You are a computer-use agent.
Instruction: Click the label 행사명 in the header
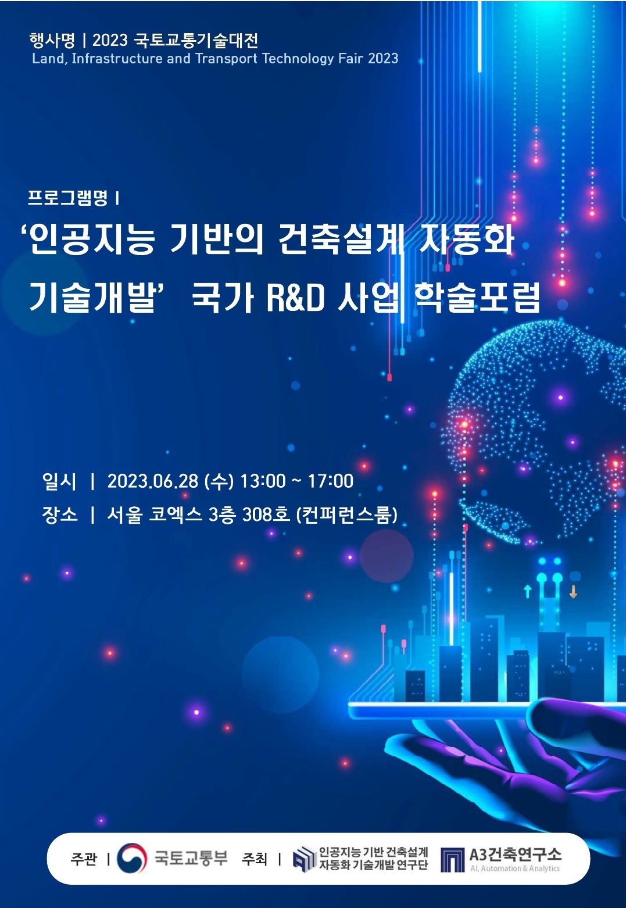(x=52, y=40)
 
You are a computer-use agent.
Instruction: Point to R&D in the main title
(x=296, y=298)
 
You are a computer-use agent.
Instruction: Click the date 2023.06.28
(x=152, y=481)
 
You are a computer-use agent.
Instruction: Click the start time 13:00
(x=263, y=481)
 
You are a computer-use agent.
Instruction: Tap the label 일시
(x=59, y=481)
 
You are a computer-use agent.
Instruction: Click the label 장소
(x=60, y=515)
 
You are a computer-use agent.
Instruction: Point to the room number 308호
(x=266, y=515)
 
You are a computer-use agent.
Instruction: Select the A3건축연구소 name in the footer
(x=516, y=854)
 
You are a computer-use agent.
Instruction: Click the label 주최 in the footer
(x=254, y=858)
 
